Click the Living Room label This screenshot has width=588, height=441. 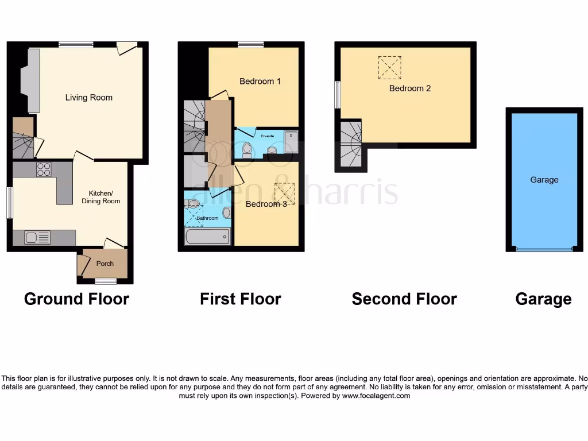[88, 98]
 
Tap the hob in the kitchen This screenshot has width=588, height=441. [44, 169]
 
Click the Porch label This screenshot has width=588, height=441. [105, 264]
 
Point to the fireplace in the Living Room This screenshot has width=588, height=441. [30, 80]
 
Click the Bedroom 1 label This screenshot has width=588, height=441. [260, 82]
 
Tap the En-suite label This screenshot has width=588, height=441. [268, 136]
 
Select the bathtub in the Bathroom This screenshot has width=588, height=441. [207, 237]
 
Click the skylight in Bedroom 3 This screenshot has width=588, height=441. [284, 193]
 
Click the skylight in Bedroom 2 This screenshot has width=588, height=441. [389, 67]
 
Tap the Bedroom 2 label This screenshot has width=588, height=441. [409, 88]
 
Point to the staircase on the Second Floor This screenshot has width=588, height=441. [351, 144]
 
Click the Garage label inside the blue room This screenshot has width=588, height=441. [544, 180]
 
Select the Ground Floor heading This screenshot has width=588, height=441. [76, 299]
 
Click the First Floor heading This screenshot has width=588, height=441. [240, 299]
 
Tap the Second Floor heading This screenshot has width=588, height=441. [404, 299]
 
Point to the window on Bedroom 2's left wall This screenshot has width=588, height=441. [338, 95]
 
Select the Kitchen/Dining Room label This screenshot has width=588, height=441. [104, 197]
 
